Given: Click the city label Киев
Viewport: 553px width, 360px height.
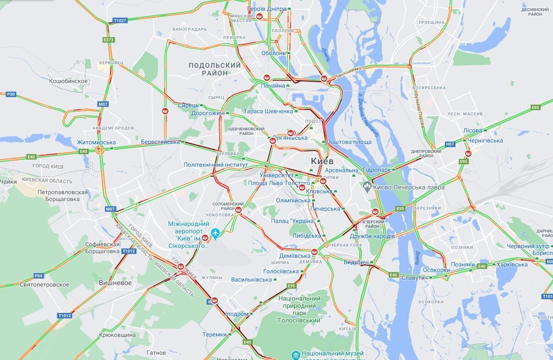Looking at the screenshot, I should pos(322,161).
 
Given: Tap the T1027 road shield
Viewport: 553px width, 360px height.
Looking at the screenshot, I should pos(119,21).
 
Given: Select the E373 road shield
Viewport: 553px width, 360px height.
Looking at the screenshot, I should pos(108,40).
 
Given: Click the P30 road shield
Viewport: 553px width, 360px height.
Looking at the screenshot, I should pos(11,94).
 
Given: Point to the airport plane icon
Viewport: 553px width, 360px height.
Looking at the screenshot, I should pos(215,233).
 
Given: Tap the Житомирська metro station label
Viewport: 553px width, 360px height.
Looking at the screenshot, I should pos(96,142).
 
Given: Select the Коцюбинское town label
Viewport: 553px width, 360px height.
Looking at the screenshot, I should pos(69,81).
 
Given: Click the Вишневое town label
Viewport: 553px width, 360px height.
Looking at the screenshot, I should pos(115,283).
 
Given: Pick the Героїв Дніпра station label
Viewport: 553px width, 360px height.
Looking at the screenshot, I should pos(266,9).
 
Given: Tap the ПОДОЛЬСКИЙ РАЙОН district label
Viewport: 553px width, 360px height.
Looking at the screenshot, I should pos(215,69).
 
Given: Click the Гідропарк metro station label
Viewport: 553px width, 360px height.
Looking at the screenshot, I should pos(377,170).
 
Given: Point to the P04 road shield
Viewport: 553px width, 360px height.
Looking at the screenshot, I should pos(39,276).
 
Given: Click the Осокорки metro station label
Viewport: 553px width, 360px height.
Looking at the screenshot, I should pos(436,270).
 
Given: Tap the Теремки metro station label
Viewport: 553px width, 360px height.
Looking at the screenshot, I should pos(215,334).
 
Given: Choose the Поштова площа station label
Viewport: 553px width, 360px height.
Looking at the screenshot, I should pos(349,142).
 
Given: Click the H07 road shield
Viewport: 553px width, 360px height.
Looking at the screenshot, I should pos(450,144).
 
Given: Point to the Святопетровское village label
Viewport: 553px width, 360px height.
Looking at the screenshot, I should pos(44,285).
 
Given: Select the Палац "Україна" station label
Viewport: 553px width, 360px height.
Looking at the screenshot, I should pos(293,221).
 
